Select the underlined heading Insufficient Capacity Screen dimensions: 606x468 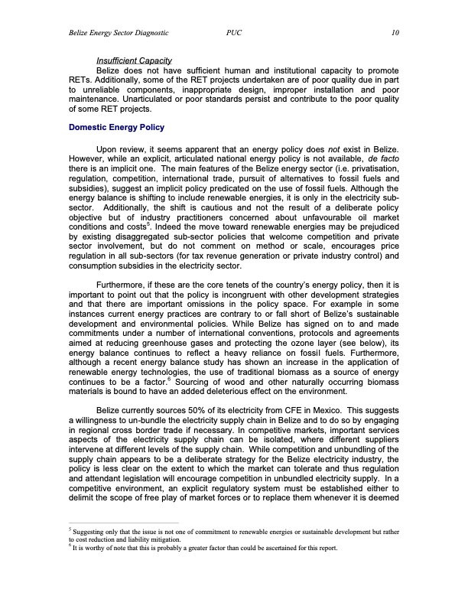133,60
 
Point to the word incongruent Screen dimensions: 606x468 246,299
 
